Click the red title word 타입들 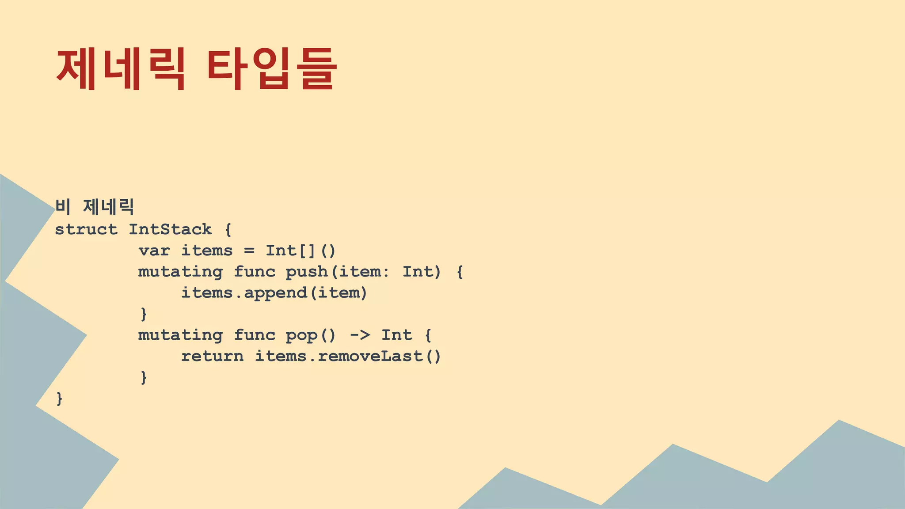[271, 69]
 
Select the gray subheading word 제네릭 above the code [108, 207]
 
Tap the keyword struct [86, 229]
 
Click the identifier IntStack [170, 229]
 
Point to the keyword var [154, 251]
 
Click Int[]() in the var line [300, 251]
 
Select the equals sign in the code [249, 251]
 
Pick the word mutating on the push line [180, 272]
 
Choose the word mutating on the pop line [180, 335]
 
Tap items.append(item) [274, 293]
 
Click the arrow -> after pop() [360, 335]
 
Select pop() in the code [311, 335]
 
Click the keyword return [212, 356]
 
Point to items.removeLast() [348, 356]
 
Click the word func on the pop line [255, 335]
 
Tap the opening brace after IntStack [228, 230]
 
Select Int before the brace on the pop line [397, 335]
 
